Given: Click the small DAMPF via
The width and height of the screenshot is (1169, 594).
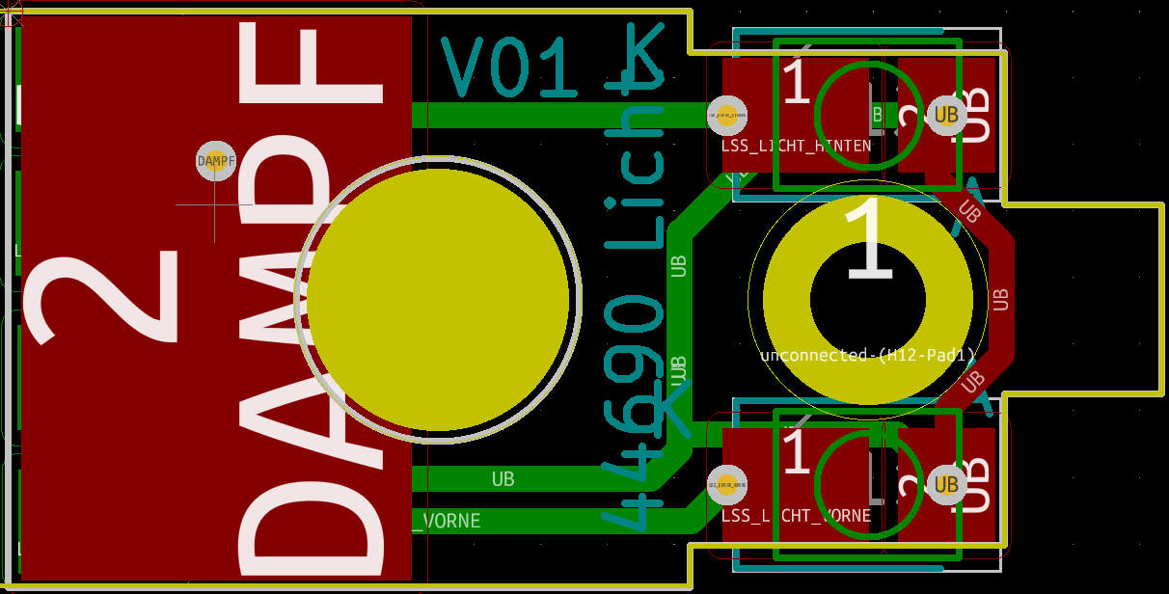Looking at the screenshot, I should (216, 161).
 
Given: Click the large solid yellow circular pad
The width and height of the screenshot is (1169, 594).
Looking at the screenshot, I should (438, 300).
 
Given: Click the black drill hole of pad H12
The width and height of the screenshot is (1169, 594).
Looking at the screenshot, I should (867, 300).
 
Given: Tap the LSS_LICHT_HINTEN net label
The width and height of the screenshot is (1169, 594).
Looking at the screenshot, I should (796, 146).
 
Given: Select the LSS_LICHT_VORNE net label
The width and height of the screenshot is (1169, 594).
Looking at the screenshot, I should (796, 516).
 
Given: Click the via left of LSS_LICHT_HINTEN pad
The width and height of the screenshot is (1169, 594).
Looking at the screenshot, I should (727, 115).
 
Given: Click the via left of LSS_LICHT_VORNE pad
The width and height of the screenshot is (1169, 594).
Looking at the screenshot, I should (727, 484).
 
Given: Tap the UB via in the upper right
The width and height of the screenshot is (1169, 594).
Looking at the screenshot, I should (945, 115).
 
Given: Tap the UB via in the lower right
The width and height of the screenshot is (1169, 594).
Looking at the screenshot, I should (945, 484).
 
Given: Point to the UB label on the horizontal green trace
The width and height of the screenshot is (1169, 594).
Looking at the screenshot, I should (503, 478).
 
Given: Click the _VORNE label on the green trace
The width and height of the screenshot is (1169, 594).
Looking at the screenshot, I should (447, 522).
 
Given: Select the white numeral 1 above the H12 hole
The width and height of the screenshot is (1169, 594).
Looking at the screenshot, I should (869, 240).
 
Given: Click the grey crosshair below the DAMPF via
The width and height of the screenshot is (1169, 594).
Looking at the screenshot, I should (214, 204).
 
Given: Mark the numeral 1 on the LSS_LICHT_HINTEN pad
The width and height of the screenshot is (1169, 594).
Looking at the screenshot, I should (796, 84).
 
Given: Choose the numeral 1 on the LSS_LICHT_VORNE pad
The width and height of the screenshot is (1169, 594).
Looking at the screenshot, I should (796, 453).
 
